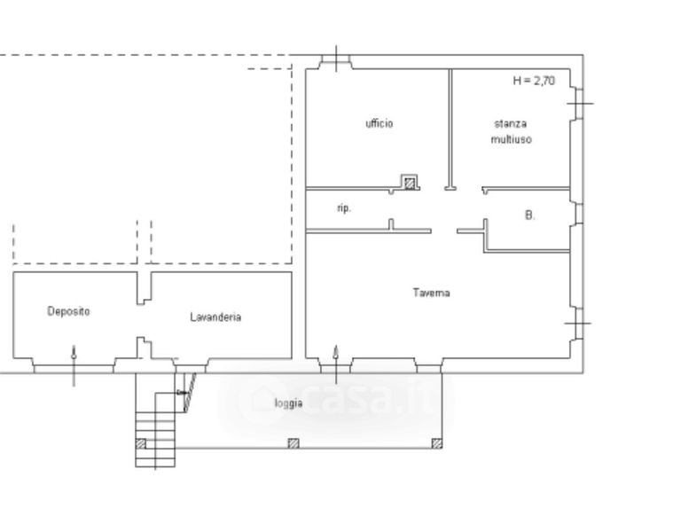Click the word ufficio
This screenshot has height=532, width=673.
coord(379,123)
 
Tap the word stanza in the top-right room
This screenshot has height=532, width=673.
coord(510,124)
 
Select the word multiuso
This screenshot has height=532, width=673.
coord(512,140)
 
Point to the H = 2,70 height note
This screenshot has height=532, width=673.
coord(534,81)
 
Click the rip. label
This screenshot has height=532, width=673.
coord(344,208)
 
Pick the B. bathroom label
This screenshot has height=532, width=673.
coord(530,215)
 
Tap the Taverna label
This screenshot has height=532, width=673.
coord(432,293)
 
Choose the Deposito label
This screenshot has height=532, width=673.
coord(68,311)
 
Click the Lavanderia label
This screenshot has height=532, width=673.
coord(215,317)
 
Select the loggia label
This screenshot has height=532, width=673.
coord(289,403)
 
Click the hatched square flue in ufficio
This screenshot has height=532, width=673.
coord(410,183)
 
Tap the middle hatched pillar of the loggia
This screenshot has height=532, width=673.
coord(293,443)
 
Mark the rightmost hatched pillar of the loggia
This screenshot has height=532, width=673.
coord(436,443)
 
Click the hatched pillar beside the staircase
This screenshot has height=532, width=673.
coord(141,443)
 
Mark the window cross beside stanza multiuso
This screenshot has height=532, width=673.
coord(580,103)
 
